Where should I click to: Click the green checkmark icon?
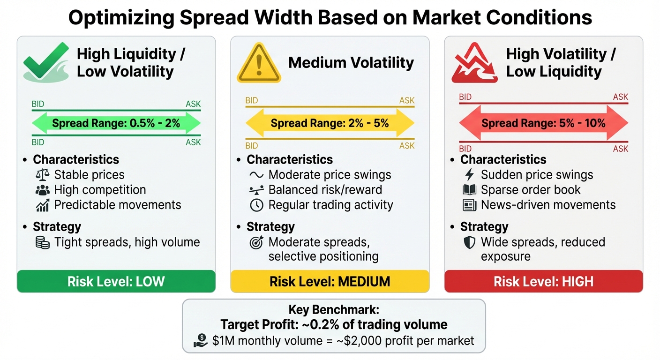[x=46, y=63]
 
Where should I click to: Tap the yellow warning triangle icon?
[x=258, y=63]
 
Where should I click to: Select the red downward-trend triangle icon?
[x=474, y=63]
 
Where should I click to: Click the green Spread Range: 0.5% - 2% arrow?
[x=116, y=124]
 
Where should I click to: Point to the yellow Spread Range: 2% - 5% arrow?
[x=330, y=124]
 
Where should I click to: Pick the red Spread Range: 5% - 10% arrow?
[x=543, y=123]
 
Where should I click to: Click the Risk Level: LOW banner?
[x=116, y=281]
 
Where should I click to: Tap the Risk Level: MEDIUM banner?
[x=330, y=281]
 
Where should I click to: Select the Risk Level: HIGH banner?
[x=543, y=281]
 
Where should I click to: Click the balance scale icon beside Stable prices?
[x=43, y=175]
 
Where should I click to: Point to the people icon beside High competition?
[x=43, y=190]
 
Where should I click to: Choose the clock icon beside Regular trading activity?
[x=256, y=205]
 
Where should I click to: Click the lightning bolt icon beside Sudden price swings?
[x=469, y=175]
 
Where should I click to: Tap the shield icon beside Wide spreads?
[x=469, y=242]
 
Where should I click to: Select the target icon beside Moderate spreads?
[x=256, y=243]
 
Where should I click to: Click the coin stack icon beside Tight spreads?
[x=43, y=242]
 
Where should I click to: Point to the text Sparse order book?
[x=531, y=190]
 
